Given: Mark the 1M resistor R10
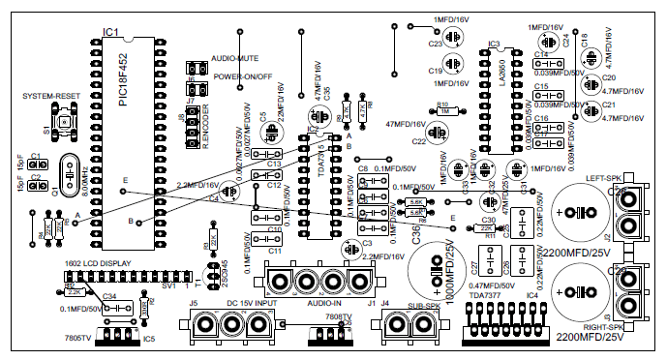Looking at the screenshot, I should (x=444, y=111).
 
